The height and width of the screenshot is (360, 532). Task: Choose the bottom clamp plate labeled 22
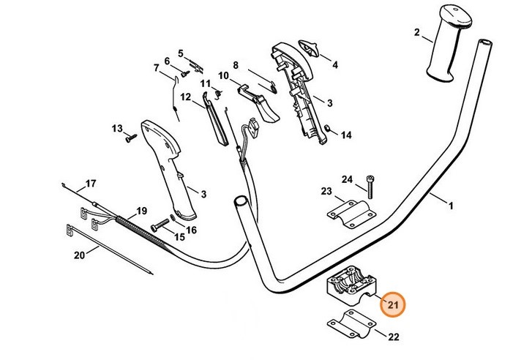(348, 324)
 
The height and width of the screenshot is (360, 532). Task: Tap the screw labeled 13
(130, 136)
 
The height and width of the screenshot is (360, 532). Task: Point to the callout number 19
(141, 209)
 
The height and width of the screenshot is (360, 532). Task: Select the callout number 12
(185, 97)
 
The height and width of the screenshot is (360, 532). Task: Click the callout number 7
(157, 69)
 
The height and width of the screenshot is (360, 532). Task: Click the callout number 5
(180, 52)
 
